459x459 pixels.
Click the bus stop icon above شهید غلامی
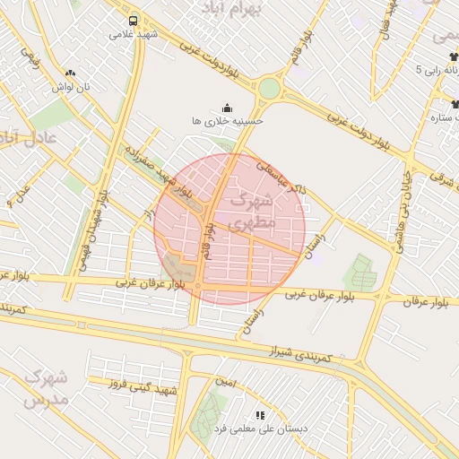click(134, 21)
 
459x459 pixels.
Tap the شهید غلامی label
click(134, 35)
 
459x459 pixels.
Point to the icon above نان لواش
click(71, 73)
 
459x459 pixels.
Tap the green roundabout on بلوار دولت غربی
click(269, 88)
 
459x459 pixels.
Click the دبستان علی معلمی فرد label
click(260, 429)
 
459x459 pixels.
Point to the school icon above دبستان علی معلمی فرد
click(260, 415)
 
